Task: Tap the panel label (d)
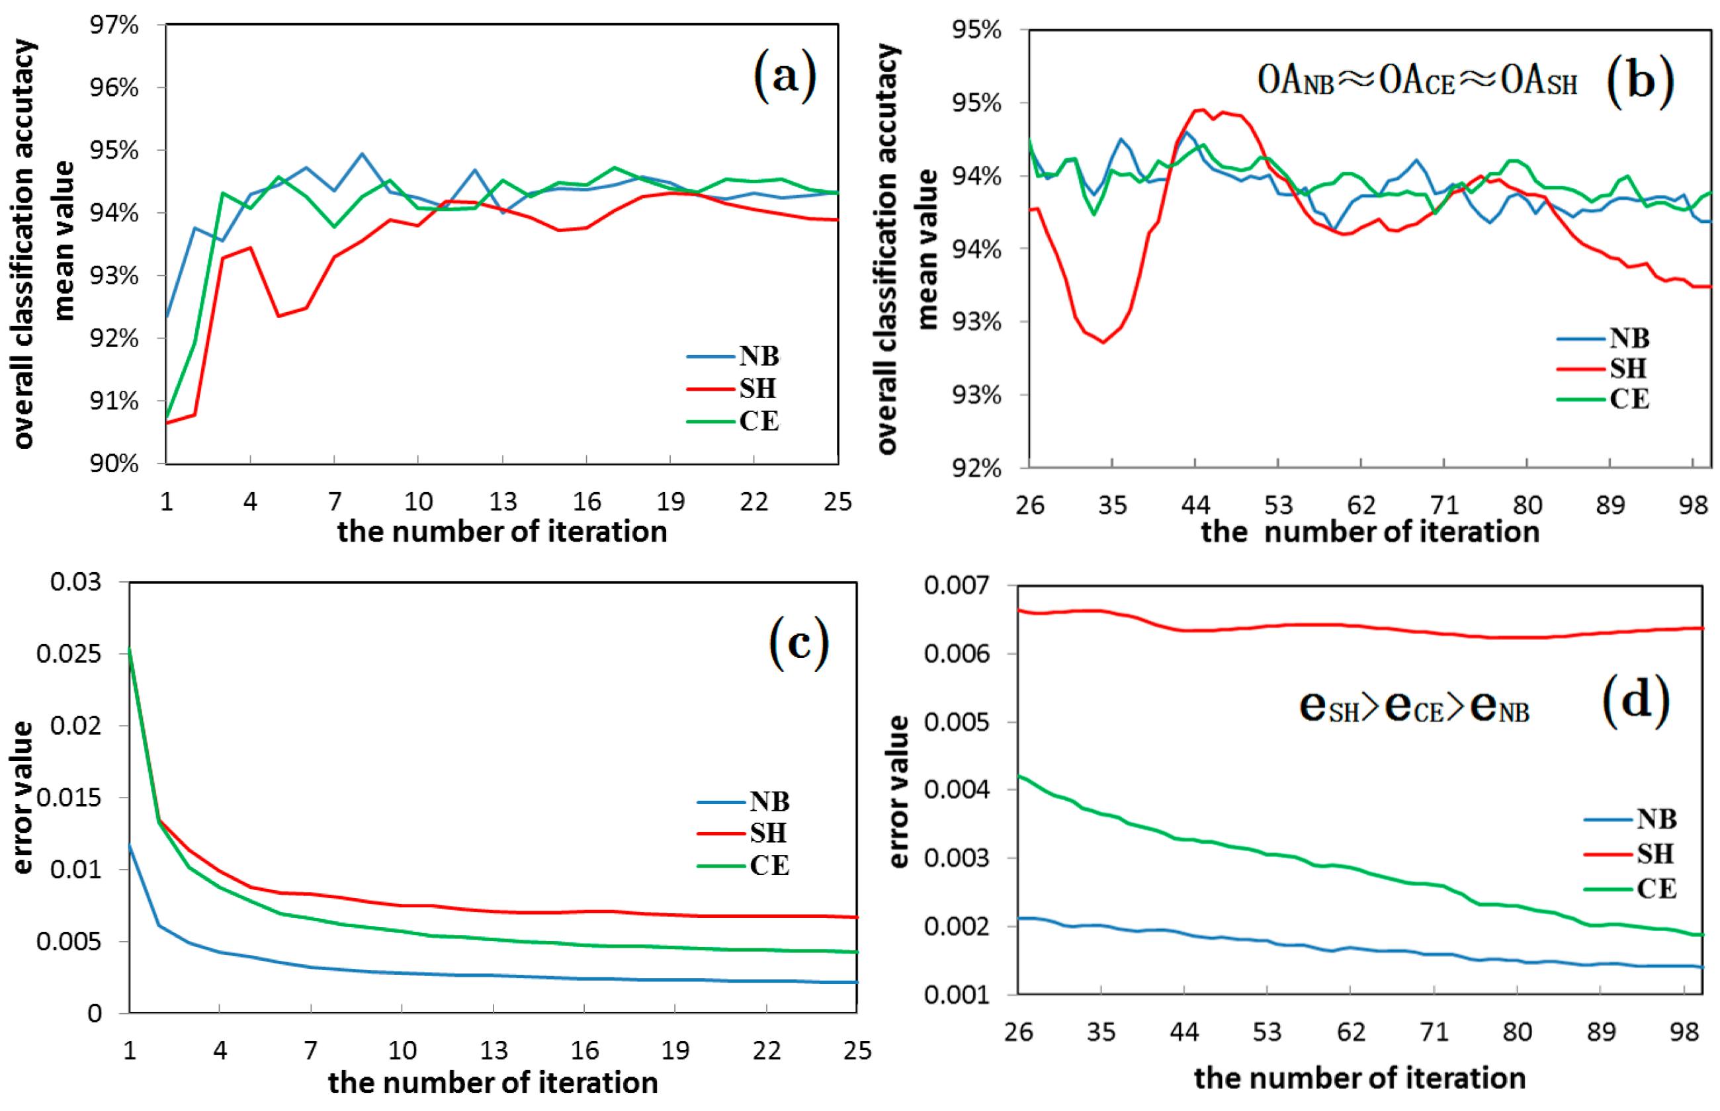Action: [x=1636, y=703]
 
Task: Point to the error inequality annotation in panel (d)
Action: [x=1414, y=708]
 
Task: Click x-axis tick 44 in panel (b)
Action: [x=1195, y=505]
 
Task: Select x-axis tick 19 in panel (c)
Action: [x=675, y=1050]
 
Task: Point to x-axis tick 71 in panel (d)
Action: [x=1434, y=1032]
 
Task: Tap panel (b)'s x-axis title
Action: [x=1370, y=533]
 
